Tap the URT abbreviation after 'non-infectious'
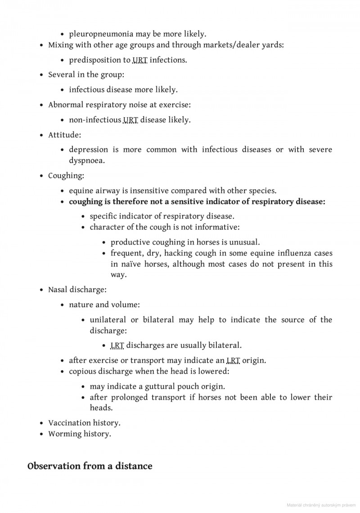coord(130,120)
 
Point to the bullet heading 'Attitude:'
coord(65,135)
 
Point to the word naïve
coord(133,264)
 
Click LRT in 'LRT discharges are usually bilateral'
coord(117,345)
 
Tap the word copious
coord(82,372)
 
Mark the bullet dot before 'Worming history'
coord(42,434)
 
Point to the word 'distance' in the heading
coord(133,466)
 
